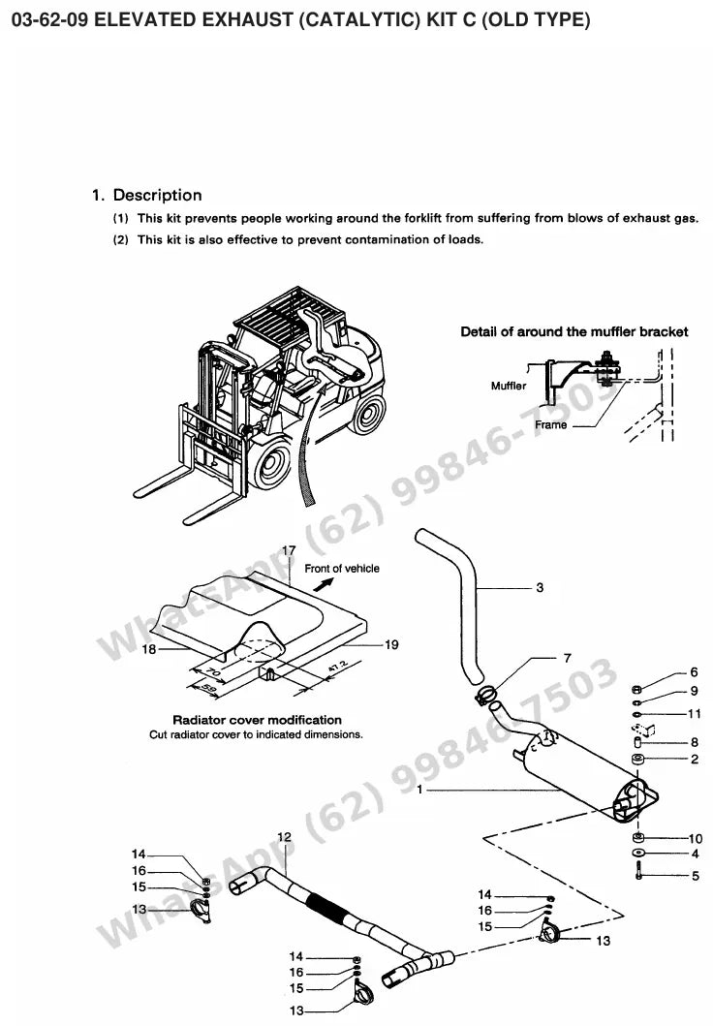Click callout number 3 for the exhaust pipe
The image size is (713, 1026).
pyautogui.click(x=540, y=587)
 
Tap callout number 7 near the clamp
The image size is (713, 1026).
pyautogui.click(x=567, y=658)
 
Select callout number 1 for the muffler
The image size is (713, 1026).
pyautogui.click(x=419, y=790)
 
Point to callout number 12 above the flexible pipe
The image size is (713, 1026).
pyautogui.click(x=285, y=837)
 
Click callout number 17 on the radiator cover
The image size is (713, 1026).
pyautogui.click(x=289, y=550)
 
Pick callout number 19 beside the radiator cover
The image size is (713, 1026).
pyautogui.click(x=391, y=644)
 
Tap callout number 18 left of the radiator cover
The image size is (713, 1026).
pyautogui.click(x=149, y=648)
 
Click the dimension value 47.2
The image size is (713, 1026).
pyautogui.click(x=337, y=668)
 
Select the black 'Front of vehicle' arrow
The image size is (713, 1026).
pyautogui.click(x=322, y=584)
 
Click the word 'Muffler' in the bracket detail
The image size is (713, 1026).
pyautogui.click(x=509, y=386)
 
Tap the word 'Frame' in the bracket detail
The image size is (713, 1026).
pyautogui.click(x=551, y=424)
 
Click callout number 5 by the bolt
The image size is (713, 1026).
pyautogui.click(x=696, y=876)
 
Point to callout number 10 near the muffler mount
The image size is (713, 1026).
pyautogui.click(x=696, y=838)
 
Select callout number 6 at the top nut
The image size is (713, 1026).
pyautogui.click(x=694, y=672)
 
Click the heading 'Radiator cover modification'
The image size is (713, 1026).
pyautogui.click(x=257, y=720)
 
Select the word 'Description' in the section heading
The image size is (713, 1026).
pyautogui.click(x=158, y=195)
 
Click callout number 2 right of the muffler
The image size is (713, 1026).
pyautogui.click(x=695, y=759)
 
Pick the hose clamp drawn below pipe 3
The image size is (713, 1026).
pyautogui.click(x=484, y=695)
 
